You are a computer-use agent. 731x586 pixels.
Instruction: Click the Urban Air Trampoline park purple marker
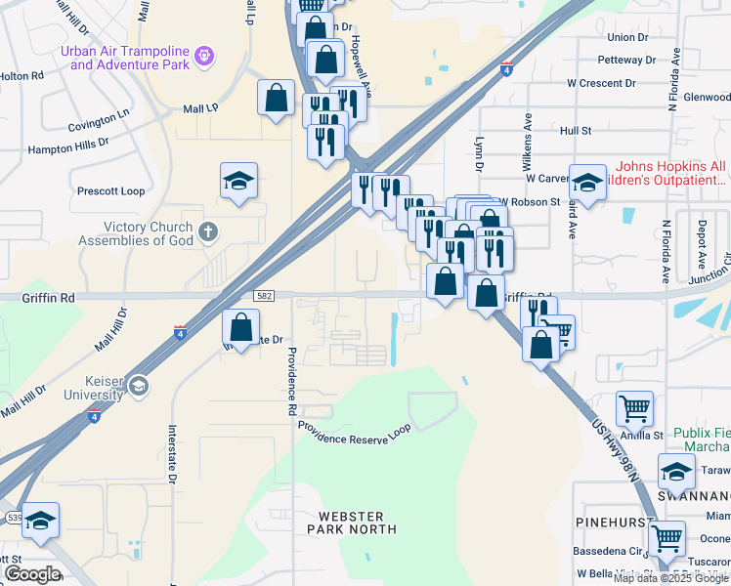pos(203,56)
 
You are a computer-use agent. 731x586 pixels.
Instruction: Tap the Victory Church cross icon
pos(206,232)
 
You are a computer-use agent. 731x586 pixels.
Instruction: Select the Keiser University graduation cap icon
pos(138,386)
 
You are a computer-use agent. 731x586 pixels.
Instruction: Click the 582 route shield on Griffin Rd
pos(264,295)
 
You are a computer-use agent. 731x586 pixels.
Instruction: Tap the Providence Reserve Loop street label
pos(354,433)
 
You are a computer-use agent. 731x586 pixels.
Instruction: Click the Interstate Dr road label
pos(170,454)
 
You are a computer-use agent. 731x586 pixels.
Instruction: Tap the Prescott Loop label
pos(110,190)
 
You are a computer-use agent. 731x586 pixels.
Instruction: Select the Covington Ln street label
pos(99,121)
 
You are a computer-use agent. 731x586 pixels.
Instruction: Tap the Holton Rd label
pos(21,74)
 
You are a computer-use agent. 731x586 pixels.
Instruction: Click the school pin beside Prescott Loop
pos(238,182)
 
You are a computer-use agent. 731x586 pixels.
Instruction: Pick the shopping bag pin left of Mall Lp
pos(277,98)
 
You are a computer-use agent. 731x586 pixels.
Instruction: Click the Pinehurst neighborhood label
pos(621,523)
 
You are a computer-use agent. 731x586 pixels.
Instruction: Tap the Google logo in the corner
pos(32,573)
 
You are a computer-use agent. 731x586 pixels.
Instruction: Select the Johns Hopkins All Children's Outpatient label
pos(670,173)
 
